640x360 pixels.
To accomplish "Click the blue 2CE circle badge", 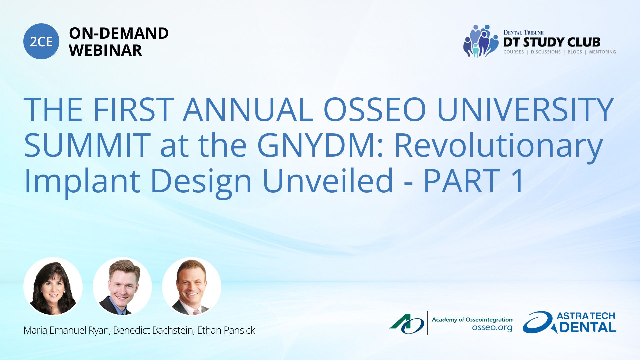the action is click(41, 41).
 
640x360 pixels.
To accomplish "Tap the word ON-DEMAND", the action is click(119, 33).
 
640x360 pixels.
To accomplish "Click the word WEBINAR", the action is click(105, 50).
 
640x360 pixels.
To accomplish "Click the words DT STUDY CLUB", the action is click(552, 42).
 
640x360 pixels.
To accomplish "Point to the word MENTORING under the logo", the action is click(602, 52).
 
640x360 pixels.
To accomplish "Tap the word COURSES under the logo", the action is click(513, 52).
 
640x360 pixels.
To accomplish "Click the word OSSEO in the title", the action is click(375, 109).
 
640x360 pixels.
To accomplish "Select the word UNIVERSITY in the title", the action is click(525, 109).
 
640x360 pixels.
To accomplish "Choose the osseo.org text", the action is click(492, 328).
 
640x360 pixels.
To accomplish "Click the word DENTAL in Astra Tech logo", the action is click(588, 327).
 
